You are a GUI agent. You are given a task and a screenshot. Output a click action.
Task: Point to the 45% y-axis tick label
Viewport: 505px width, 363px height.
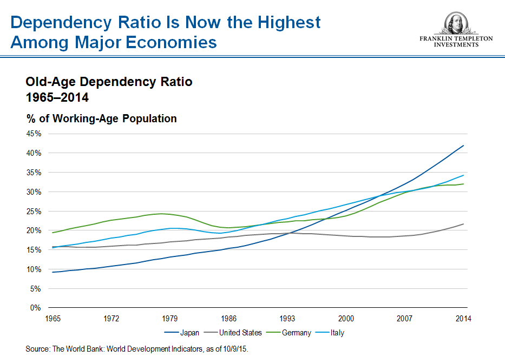[x=34, y=134]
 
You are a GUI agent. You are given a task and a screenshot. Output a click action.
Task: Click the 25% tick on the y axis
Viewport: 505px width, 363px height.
[x=34, y=211]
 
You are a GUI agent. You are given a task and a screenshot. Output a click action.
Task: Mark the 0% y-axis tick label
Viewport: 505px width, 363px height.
[x=36, y=308]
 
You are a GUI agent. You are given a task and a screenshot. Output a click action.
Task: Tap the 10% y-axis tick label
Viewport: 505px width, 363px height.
[x=34, y=269]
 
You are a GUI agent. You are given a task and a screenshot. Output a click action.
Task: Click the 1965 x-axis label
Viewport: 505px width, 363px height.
[x=53, y=319]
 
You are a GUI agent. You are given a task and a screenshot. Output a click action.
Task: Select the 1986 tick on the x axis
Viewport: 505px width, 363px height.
[x=228, y=319]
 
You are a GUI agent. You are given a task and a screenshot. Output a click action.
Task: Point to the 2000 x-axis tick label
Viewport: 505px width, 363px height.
[x=346, y=319]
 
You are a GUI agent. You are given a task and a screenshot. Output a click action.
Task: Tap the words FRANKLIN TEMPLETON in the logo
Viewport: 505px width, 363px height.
[x=456, y=39]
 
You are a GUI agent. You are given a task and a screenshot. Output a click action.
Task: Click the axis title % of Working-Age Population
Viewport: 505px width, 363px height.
[x=101, y=118]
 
